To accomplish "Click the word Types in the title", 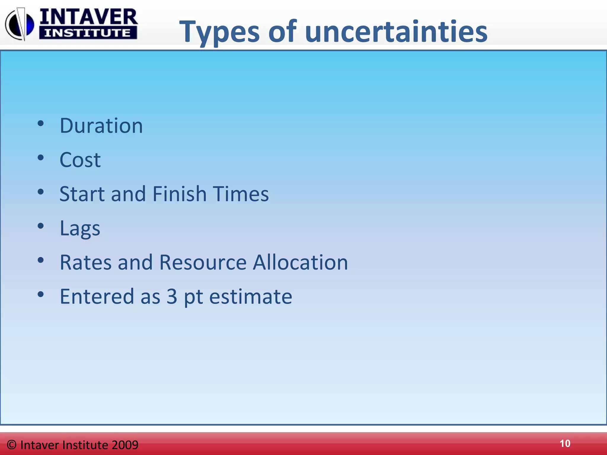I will (219, 32).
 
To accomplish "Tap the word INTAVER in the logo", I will (88, 17).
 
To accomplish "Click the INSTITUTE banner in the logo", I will (88, 33).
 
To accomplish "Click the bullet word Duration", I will (101, 126).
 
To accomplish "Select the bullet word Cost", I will (80, 160).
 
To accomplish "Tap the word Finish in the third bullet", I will (179, 194).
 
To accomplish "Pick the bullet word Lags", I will (80, 229).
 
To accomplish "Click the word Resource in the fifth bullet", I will (203, 262).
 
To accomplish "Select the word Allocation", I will (300, 262).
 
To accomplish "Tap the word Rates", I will (86, 262).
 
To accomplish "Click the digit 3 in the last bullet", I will (172, 297).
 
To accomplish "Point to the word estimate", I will (250, 297).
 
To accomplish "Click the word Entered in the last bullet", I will (97, 297).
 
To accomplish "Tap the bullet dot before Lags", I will (41, 226).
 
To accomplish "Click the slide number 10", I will (565, 443).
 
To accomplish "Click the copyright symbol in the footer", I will (12, 445).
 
